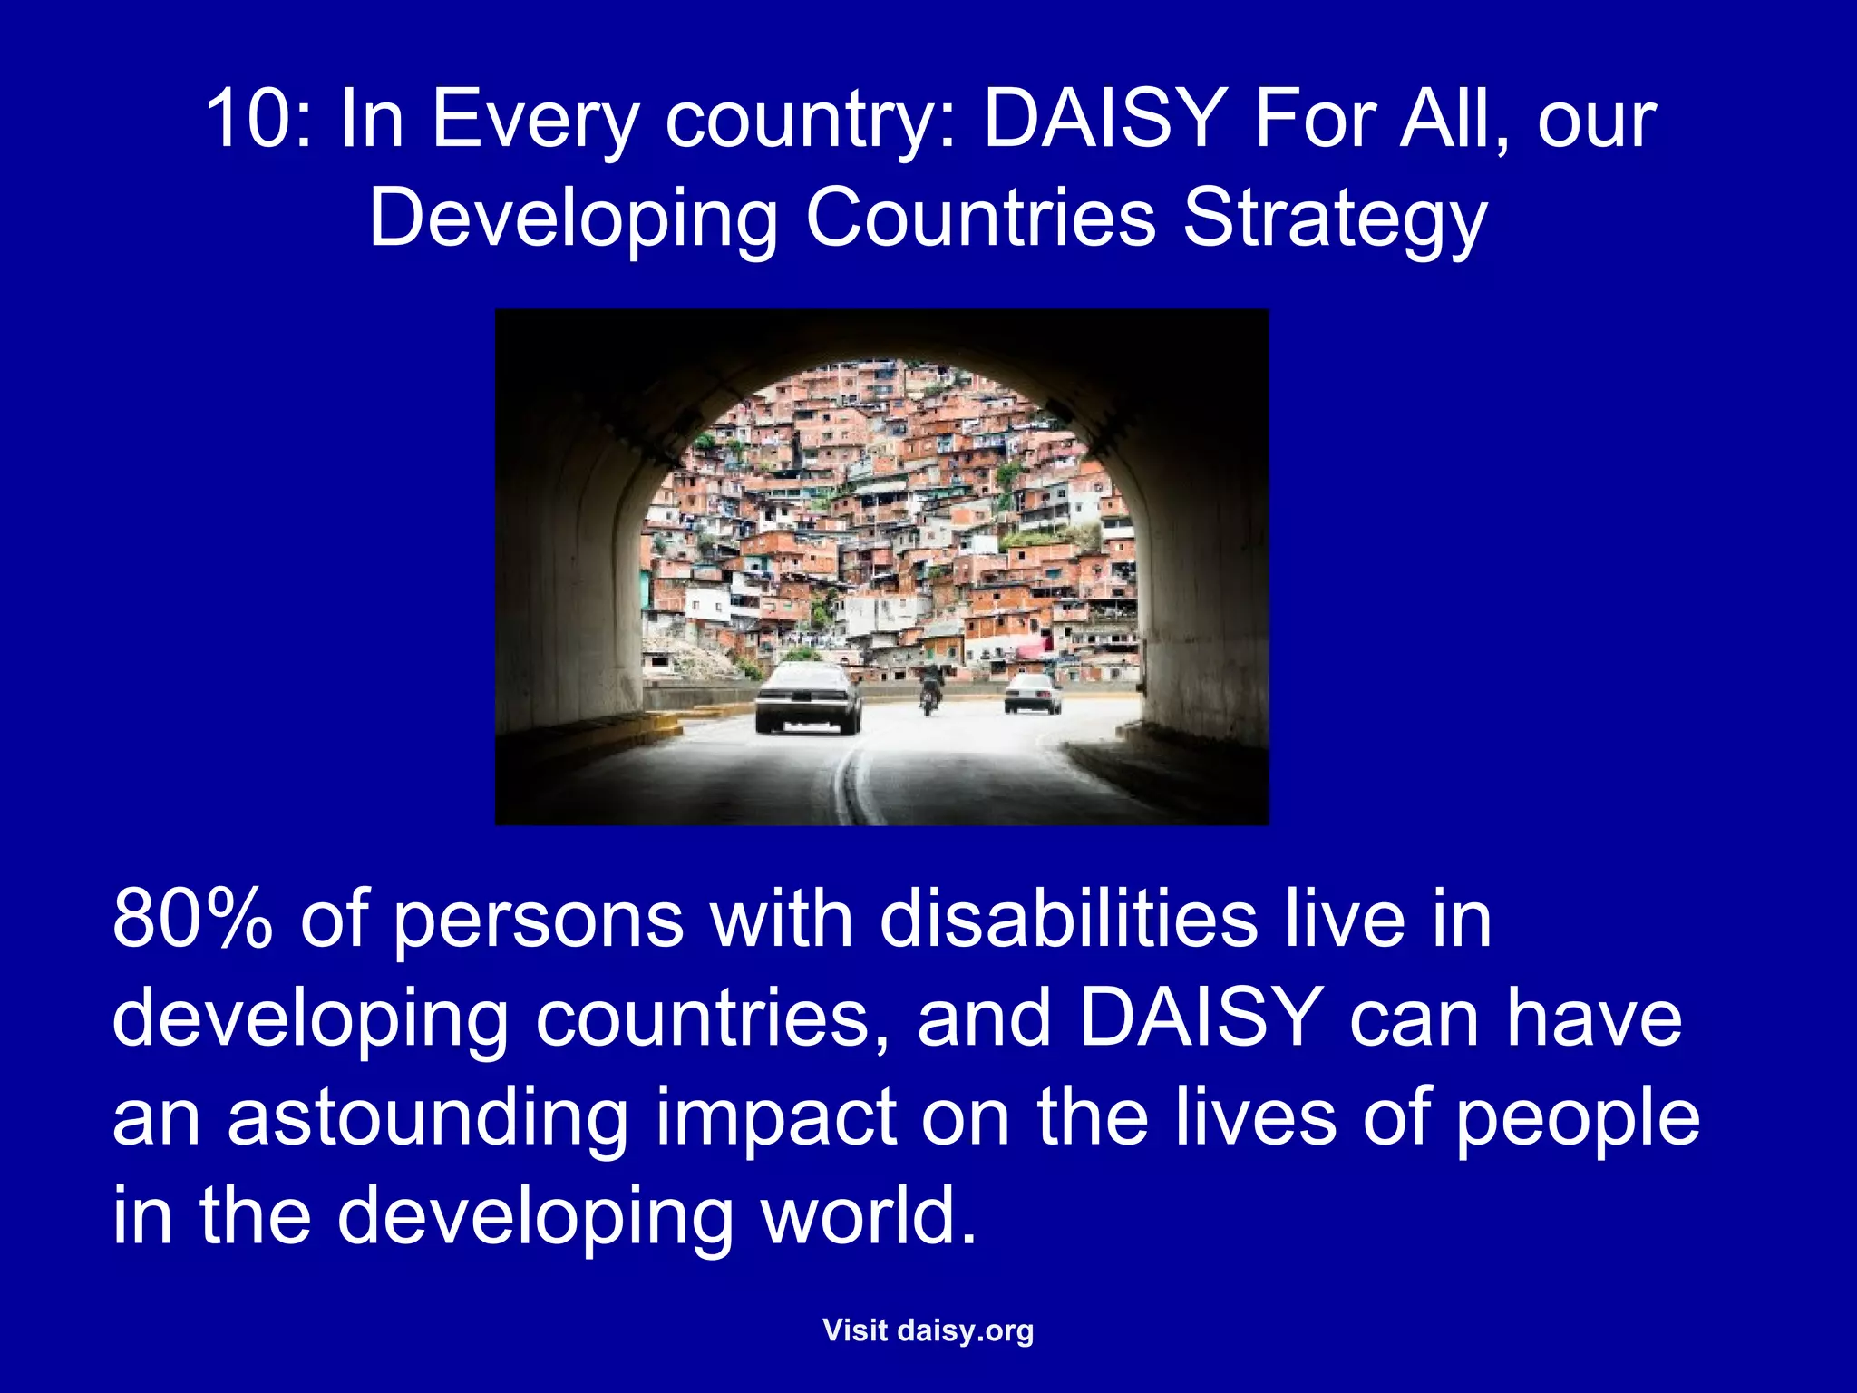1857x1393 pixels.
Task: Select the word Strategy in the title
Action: [1335, 219]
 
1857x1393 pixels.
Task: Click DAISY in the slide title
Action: [1105, 119]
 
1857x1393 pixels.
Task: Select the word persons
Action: [540, 921]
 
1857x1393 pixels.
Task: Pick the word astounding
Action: [427, 1117]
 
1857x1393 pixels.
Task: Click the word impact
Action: [775, 1117]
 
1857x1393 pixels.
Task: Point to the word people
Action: [1578, 1117]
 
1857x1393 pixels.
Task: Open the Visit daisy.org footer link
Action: [928, 1330]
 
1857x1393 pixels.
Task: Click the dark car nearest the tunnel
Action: [807, 698]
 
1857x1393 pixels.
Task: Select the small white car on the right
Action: [1032, 693]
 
